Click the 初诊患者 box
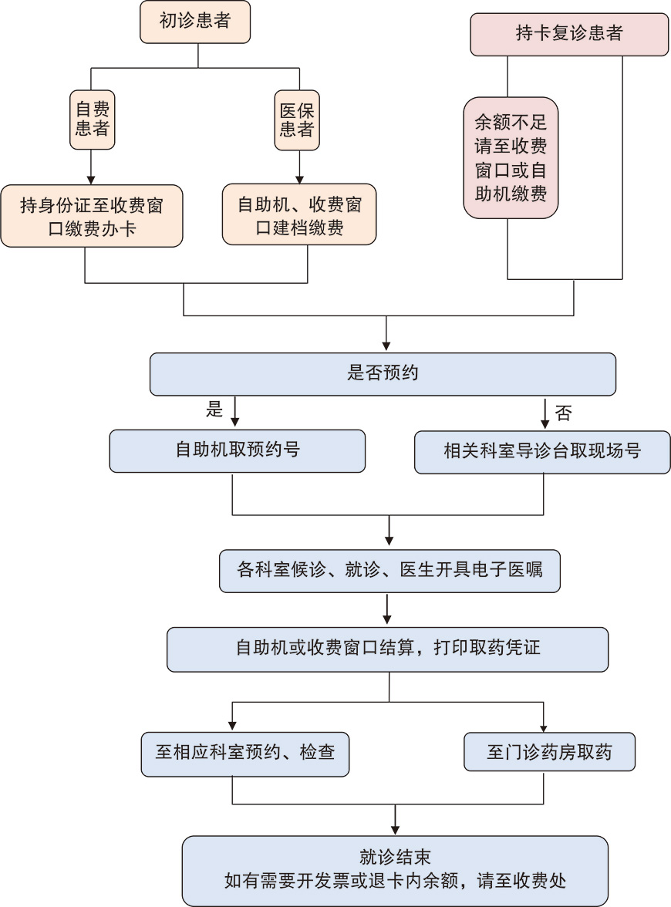pos(195,22)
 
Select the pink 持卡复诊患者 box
pos(569,34)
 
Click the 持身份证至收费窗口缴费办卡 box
pos(92,215)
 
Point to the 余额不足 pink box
pos(511,157)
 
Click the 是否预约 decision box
pos(383,373)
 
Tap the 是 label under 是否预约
pos(214,410)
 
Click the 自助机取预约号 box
pos(237,450)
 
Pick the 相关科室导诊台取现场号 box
pos(542,451)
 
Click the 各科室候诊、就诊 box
pos(389,571)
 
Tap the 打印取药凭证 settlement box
pos(388,648)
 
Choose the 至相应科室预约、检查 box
pos(244,752)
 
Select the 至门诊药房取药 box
pos(549,751)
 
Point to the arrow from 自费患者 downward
pos(92,165)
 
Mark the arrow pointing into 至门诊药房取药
pos(545,717)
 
